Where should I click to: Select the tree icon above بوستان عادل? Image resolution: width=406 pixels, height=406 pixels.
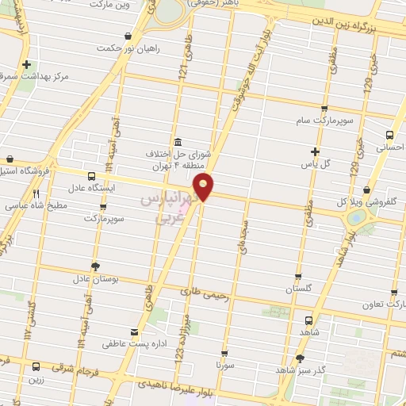click(96, 266)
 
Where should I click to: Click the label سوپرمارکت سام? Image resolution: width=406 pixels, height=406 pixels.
click(324, 121)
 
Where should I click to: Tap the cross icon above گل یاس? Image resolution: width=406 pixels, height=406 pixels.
click(316, 151)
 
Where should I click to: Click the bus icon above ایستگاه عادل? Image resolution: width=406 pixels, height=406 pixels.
click(91, 176)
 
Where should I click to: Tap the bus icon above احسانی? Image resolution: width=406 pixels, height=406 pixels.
click(389, 135)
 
